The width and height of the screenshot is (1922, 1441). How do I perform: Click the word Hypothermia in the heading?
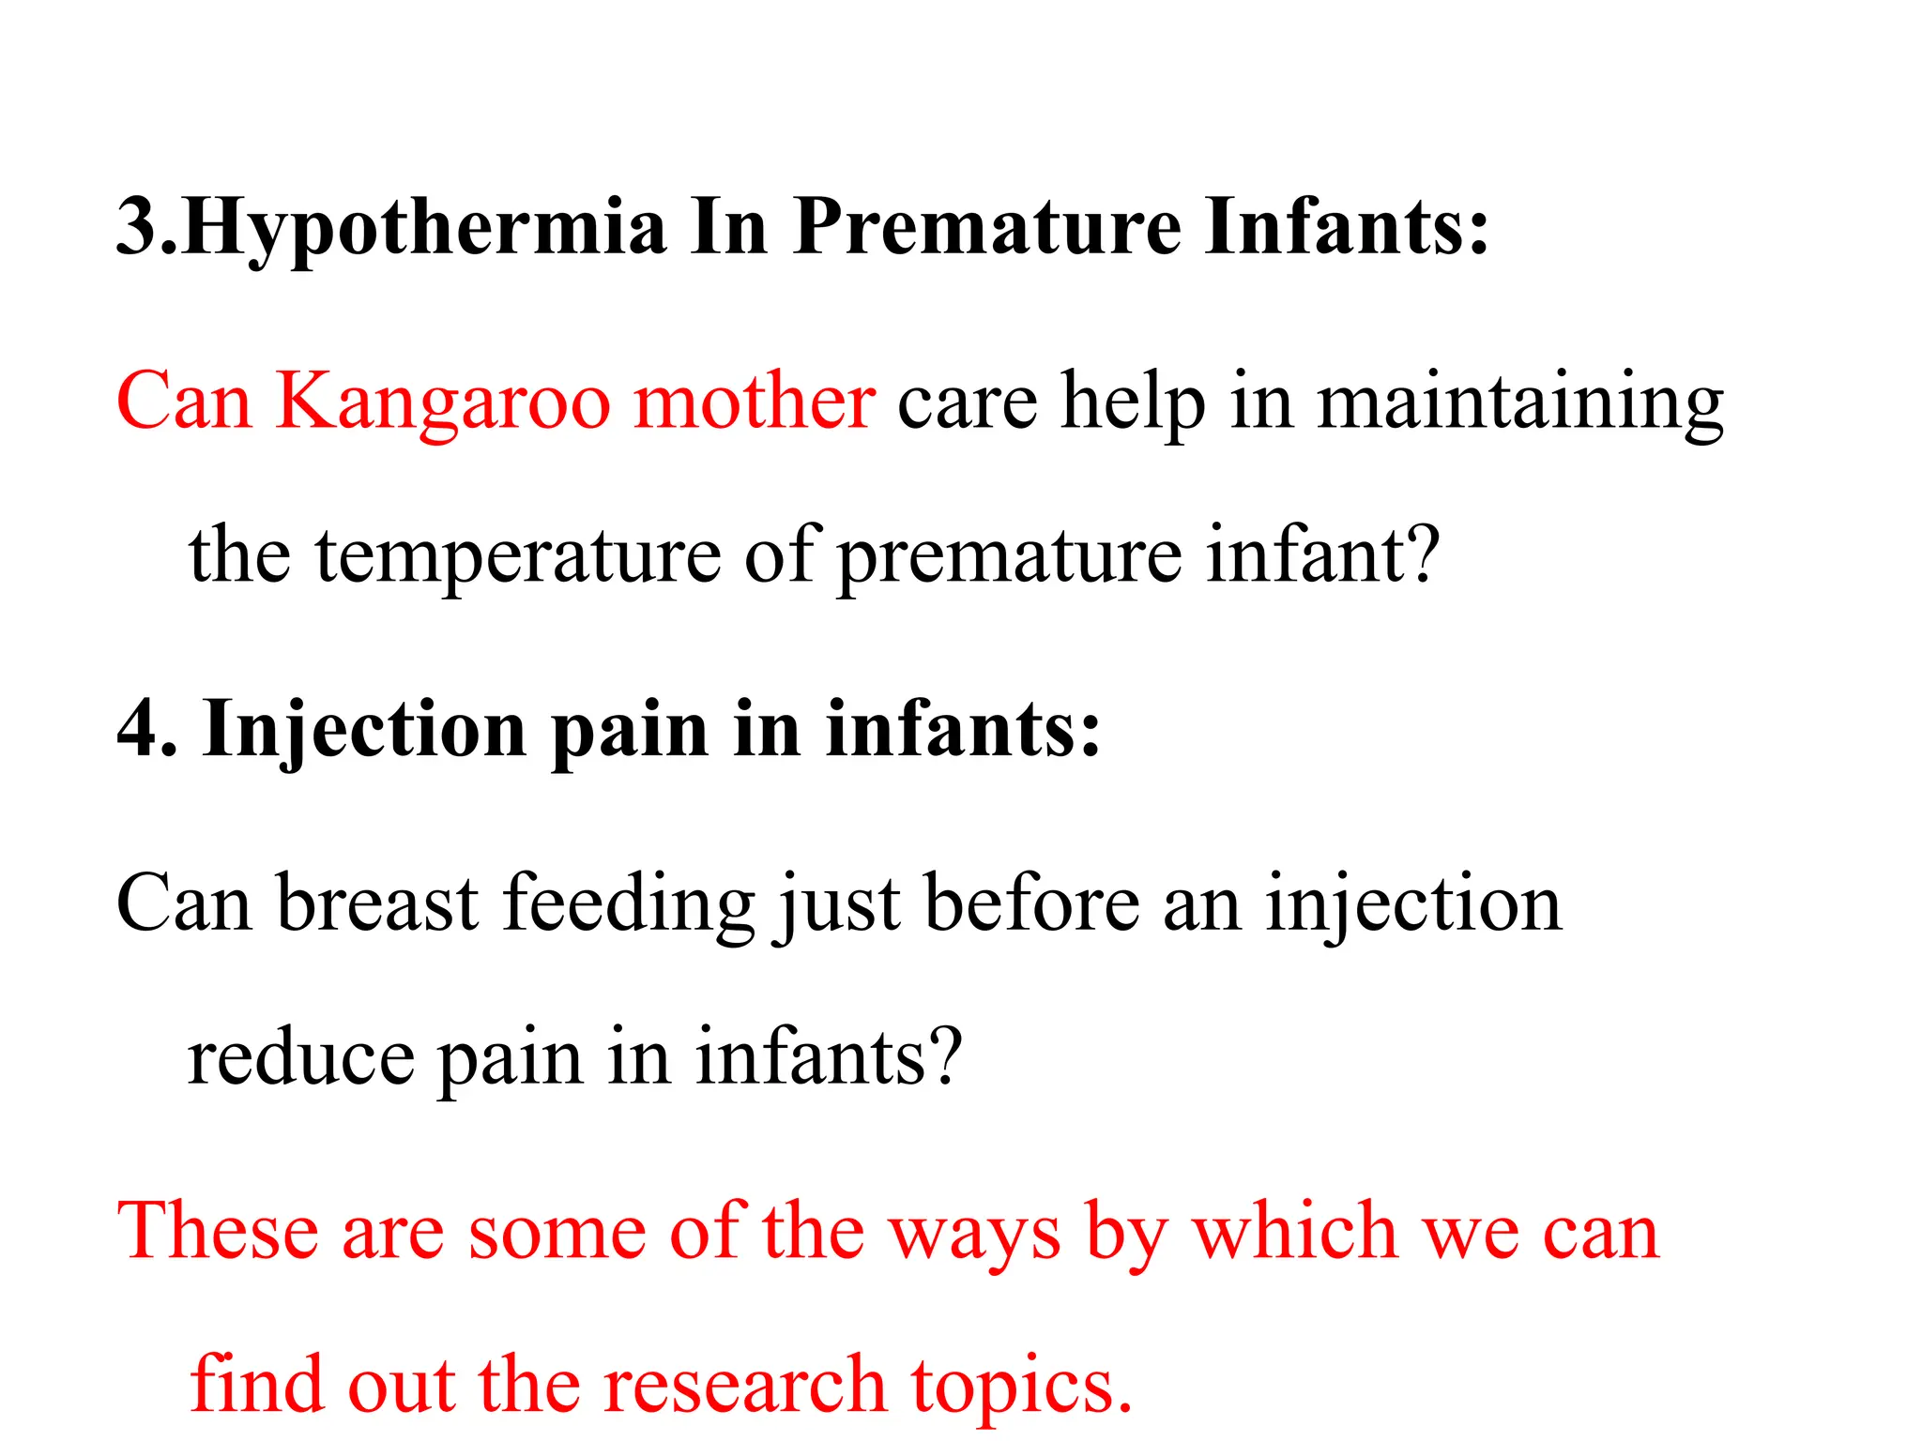click(x=424, y=228)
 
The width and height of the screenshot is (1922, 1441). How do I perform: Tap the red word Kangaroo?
click(x=442, y=402)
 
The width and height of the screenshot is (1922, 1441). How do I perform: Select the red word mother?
click(x=755, y=402)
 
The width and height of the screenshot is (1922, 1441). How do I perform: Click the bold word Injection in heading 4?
click(x=364, y=730)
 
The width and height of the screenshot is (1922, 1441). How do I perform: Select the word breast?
click(x=377, y=903)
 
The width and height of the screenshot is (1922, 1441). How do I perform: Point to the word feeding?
click(x=629, y=904)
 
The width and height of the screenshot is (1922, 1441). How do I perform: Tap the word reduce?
click(x=300, y=1057)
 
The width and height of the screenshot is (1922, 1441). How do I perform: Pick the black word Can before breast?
click(x=184, y=903)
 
